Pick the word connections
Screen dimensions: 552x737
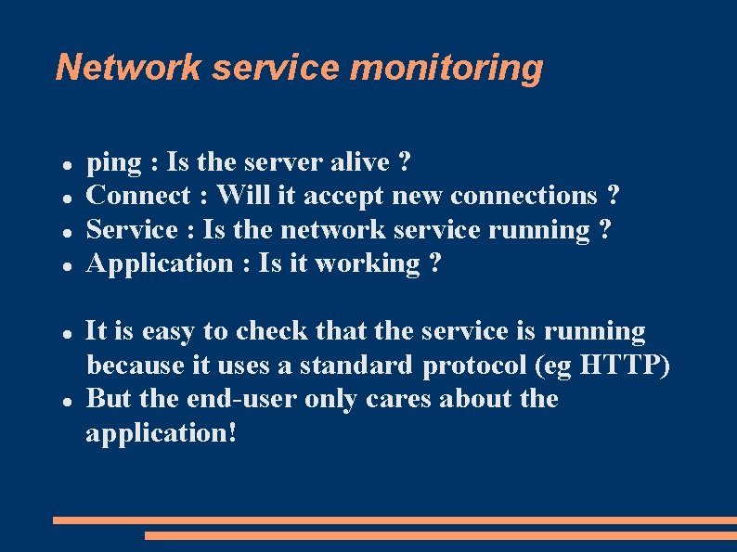tap(524, 196)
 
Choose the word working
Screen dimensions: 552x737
tap(368, 264)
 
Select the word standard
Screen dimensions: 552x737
tap(356, 366)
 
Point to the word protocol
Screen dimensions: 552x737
tap(475, 366)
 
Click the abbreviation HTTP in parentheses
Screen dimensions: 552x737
tap(622, 366)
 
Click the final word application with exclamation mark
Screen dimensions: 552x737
tap(161, 433)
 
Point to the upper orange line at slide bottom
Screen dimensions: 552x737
tap(394, 520)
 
